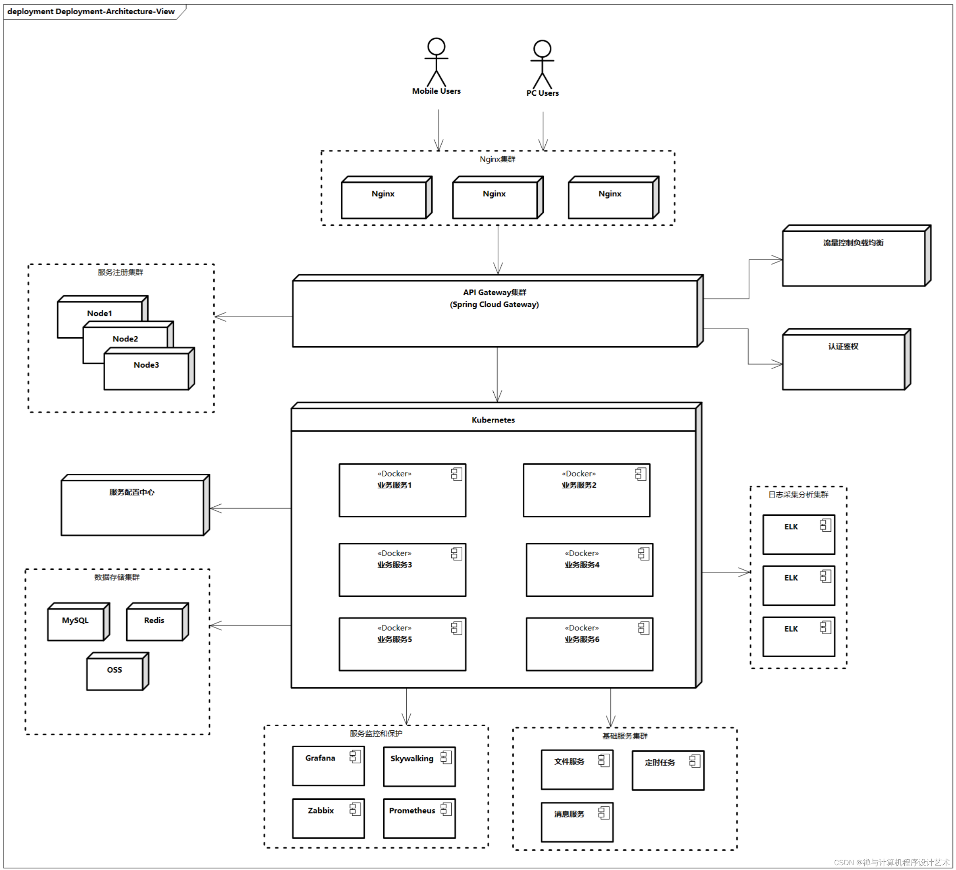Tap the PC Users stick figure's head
click(542, 49)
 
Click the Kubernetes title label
click(493, 420)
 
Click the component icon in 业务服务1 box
click(456, 474)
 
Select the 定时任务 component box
click(668, 770)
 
